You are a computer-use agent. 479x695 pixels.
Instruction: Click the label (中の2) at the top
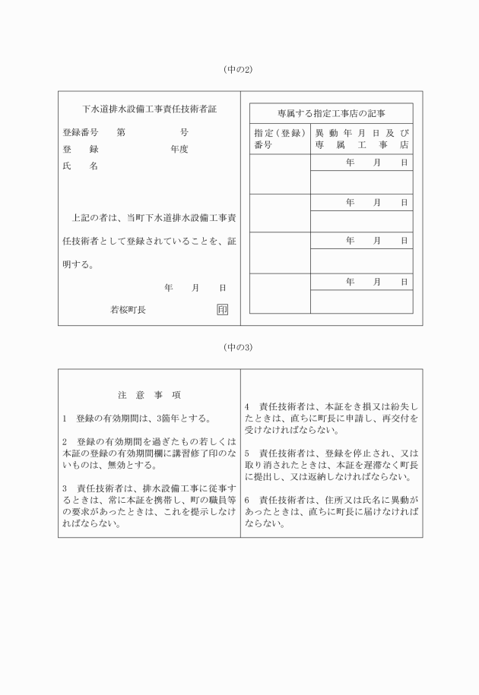coord(238,70)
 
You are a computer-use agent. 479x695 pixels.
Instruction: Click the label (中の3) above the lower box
coord(238,347)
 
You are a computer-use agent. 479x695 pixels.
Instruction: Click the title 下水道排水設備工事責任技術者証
coord(149,109)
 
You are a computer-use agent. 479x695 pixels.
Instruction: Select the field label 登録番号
coord(80,131)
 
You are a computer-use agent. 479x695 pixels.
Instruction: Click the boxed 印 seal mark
coord(222,310)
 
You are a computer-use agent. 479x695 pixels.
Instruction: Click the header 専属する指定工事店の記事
coord(331,113)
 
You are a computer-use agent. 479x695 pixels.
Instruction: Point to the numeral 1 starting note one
coord(65,418)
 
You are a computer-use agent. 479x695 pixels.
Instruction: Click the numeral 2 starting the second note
coord(65,441)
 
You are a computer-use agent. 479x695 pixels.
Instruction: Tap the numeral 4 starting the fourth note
coord(248,407)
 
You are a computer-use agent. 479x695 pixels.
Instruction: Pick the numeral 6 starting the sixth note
coord(248,500)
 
